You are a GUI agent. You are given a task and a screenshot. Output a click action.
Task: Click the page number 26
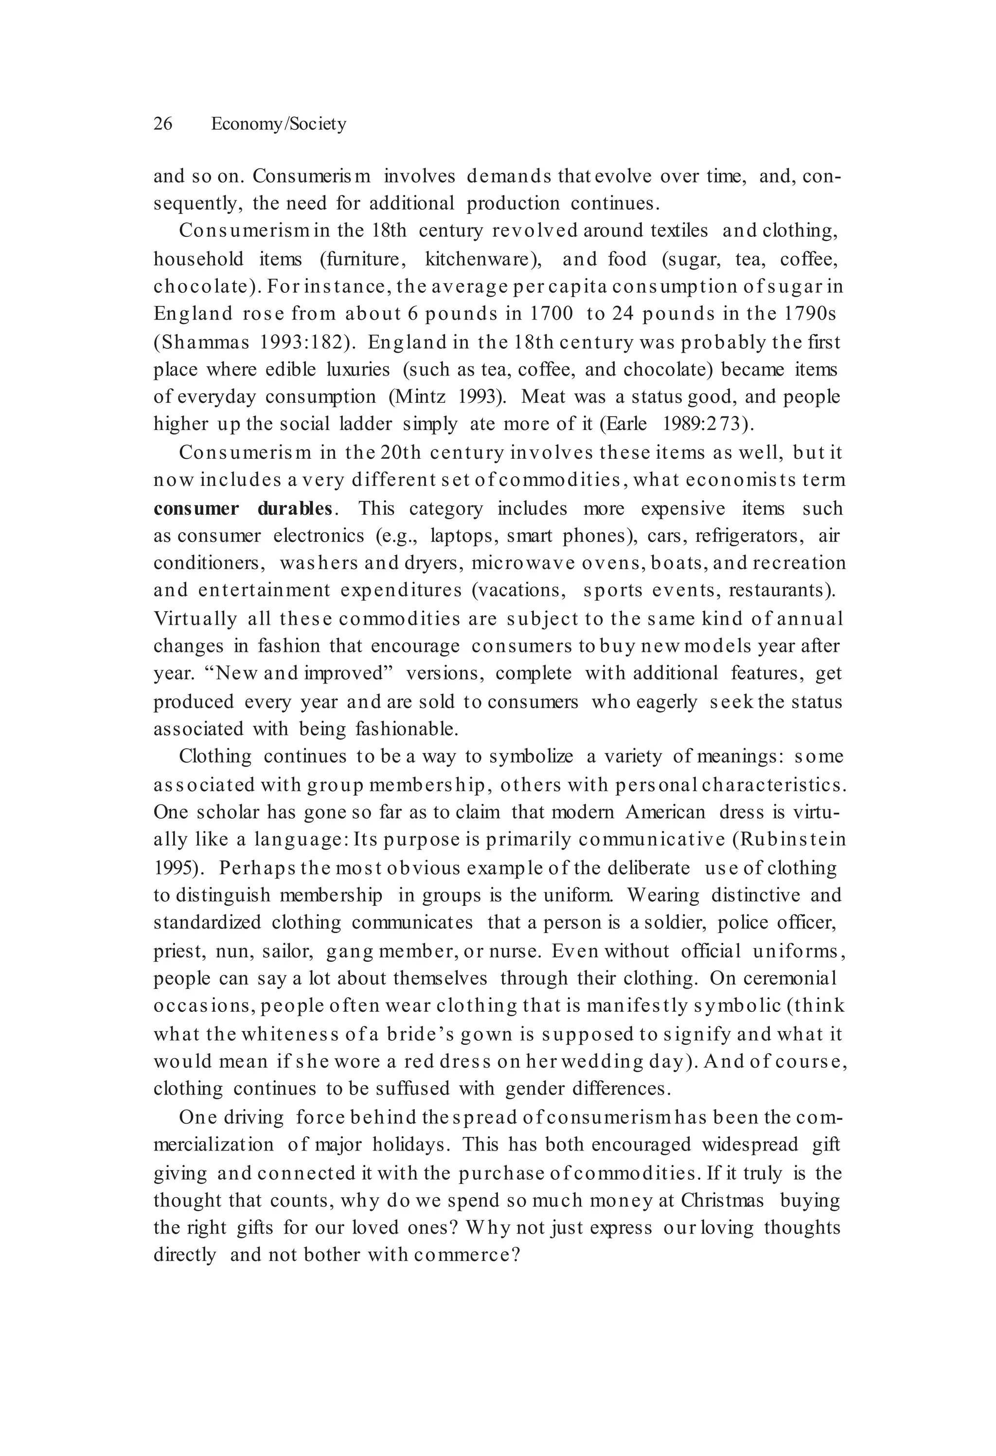point(163,124)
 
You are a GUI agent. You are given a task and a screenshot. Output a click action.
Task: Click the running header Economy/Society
point(278,124)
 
